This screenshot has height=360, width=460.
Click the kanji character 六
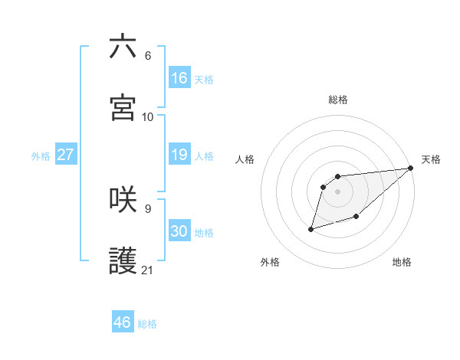[x=123, y=47]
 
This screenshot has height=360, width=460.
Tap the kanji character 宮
[x=123, y=107]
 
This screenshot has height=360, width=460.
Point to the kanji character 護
[x=123, y=261]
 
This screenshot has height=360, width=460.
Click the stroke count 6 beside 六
[x=148, y=56]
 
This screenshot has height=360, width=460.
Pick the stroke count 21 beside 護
[x=148, y=270]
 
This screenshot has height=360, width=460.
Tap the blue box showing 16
[x=179, y=78]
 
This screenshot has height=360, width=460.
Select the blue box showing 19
[x=179, y=155]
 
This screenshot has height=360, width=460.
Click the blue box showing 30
[x=179, y=231]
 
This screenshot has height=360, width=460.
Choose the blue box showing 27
[x=66, y=155]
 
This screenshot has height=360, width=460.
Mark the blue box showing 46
[x=123, y=322]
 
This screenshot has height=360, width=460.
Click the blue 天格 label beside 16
[x=204, y=80]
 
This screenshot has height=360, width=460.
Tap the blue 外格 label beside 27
[x=41, y=156]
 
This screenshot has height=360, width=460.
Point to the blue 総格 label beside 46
[x=147, y=324]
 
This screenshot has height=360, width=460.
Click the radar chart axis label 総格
[x=338, y=100]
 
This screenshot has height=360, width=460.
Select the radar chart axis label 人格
[x=245, y=159]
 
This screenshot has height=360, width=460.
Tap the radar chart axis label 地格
[x=402, y=263]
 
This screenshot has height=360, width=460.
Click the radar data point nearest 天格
[x=410, y=169]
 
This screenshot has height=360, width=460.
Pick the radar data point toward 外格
[x=311, y=228]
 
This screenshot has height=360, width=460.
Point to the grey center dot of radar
[x=338, y=191]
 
